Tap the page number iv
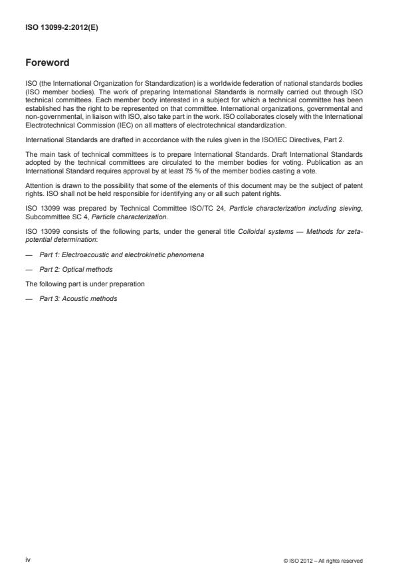28,560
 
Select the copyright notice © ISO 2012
322,561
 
